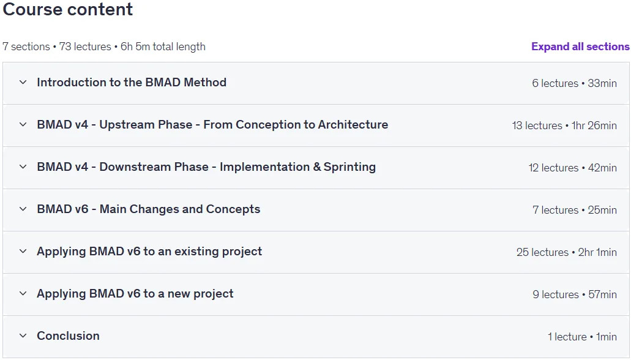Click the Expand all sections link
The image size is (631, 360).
(x=580, y=47)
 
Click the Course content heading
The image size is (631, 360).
(x=67, y=9)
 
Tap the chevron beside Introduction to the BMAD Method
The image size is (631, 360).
(x=23, y=83)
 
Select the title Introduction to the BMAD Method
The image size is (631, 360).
(x=132, y=83)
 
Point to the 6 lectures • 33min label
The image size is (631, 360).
(x=574, y=83)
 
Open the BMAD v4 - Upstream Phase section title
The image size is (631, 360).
(x=212, y=125)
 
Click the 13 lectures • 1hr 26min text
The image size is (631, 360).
(x=564, y=126)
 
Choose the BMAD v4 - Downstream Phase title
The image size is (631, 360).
(x=206, y=167)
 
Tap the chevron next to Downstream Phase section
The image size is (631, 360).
(x=23, y=167)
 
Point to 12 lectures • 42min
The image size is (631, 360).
(x=573, y=168)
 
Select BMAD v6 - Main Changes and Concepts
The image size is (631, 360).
(x=149, y=209)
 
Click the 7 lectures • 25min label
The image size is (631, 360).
(x=575, y=210)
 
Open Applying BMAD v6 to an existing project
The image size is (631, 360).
(x=149, y=252)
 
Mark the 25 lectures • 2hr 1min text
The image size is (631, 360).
(x=567, y=252)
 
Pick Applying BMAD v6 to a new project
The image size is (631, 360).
(x=135, y=294)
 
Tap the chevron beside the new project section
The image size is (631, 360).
(x=23, y=294)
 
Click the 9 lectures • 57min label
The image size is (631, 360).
(x=575, y=294)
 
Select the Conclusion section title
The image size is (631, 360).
(x=68, y=336)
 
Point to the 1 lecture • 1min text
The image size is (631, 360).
(x=582, y=337)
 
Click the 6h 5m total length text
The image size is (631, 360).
(x=163, y=47)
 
